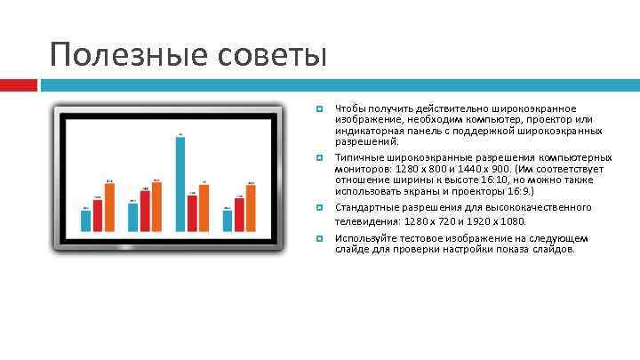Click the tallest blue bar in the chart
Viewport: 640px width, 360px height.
point(180,182)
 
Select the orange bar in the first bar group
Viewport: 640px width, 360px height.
point(109,208)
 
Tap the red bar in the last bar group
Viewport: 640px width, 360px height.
point(239,213)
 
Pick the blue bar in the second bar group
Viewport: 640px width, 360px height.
point(133,217)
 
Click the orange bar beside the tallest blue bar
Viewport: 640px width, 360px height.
point(204,208)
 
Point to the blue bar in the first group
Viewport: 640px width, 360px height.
point(86,220)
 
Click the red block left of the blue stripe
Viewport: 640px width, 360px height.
point(18,85)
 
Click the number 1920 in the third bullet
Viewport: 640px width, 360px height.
point(508,221)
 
